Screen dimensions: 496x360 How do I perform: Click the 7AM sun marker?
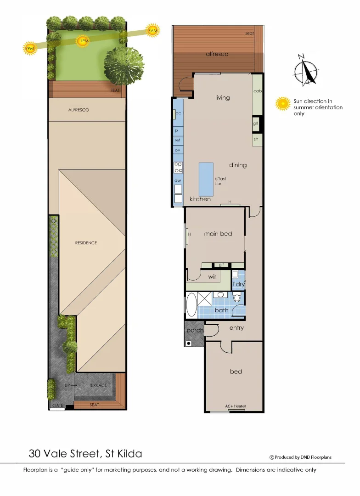[x=153, y=30]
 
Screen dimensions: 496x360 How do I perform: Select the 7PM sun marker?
[x=30, y=48]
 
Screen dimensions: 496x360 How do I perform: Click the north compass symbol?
[x=305, y=70]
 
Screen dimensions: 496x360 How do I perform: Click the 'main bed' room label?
[x=218, y=234]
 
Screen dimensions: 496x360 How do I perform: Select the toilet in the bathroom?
[x=237, y=298]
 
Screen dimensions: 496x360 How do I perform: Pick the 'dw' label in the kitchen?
[x=178, y=180]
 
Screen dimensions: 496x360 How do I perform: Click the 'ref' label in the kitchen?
[x=178, y=140]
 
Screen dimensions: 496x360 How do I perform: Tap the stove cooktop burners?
[x=178, y=167]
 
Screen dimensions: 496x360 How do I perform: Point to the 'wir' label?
[x=212, y=276]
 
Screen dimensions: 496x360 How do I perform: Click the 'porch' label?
[x=195, y=330]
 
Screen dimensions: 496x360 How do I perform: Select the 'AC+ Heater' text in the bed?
[x=236, y=406]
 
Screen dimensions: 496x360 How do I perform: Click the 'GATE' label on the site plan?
[x=58, y=406]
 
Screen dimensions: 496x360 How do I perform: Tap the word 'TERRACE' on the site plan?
[x=98, y=385]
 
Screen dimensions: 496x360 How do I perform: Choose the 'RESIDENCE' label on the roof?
[x=86, y=242]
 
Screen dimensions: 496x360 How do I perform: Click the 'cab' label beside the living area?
[x=257, y=91]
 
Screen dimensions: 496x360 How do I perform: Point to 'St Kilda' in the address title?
[x=123, y=454]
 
